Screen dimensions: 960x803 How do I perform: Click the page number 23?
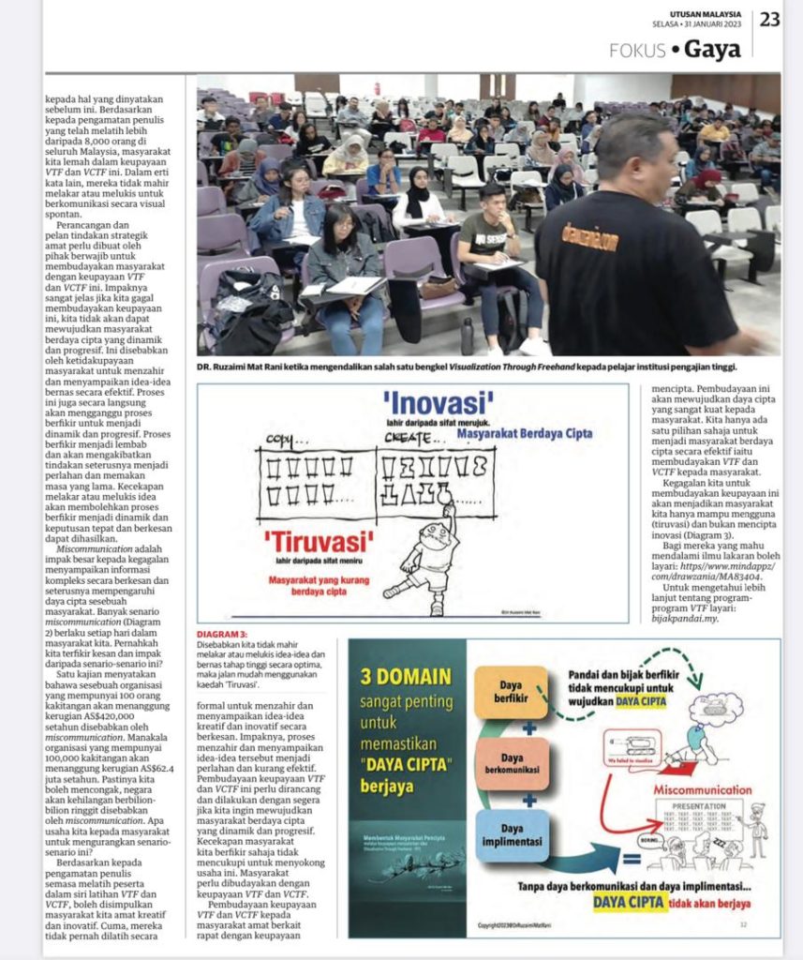[769, 19]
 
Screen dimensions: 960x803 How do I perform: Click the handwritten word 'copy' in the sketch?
[280, 440]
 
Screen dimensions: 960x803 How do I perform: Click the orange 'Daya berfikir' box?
[510, 692]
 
